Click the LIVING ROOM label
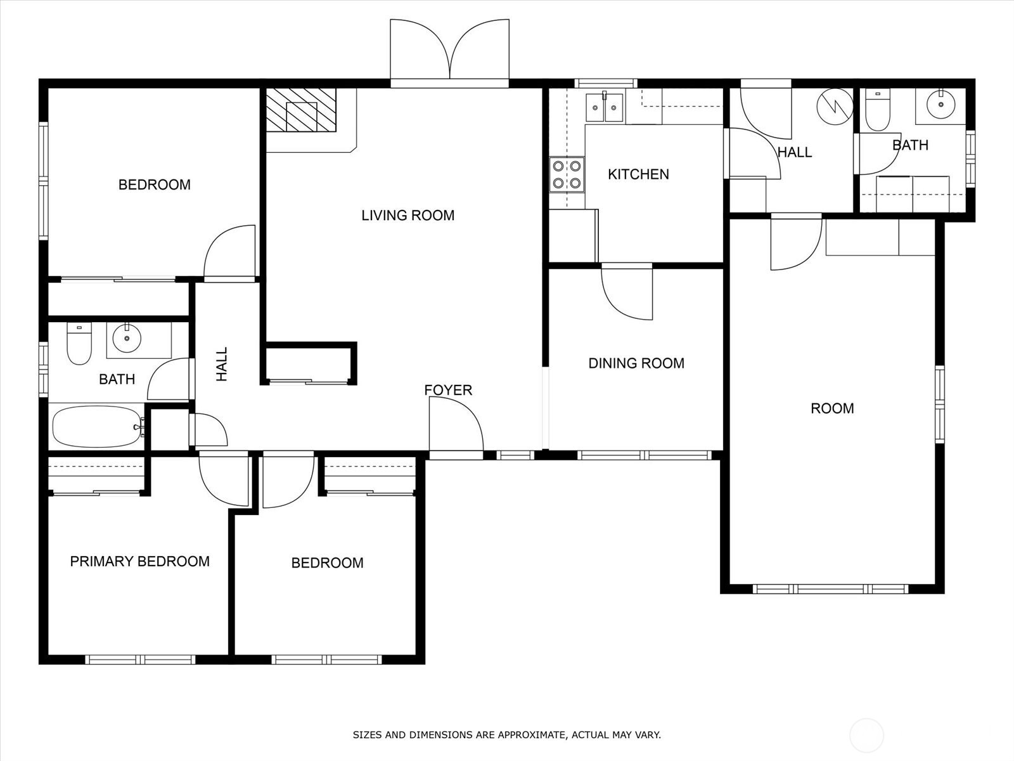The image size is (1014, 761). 408,216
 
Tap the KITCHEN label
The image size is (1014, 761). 638,174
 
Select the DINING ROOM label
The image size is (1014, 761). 636,363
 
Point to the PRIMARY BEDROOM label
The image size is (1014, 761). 139,561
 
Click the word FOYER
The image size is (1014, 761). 448,391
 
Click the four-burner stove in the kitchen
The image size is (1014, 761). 567,174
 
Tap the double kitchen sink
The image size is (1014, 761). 604,107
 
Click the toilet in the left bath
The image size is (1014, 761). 79,343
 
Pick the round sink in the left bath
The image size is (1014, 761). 127,338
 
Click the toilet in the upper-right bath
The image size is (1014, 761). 877,110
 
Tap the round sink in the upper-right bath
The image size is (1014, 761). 941,104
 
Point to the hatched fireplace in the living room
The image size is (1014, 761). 301,110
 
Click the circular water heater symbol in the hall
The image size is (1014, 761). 835,107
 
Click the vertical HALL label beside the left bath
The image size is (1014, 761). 222,365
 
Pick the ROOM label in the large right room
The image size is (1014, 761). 833,408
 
